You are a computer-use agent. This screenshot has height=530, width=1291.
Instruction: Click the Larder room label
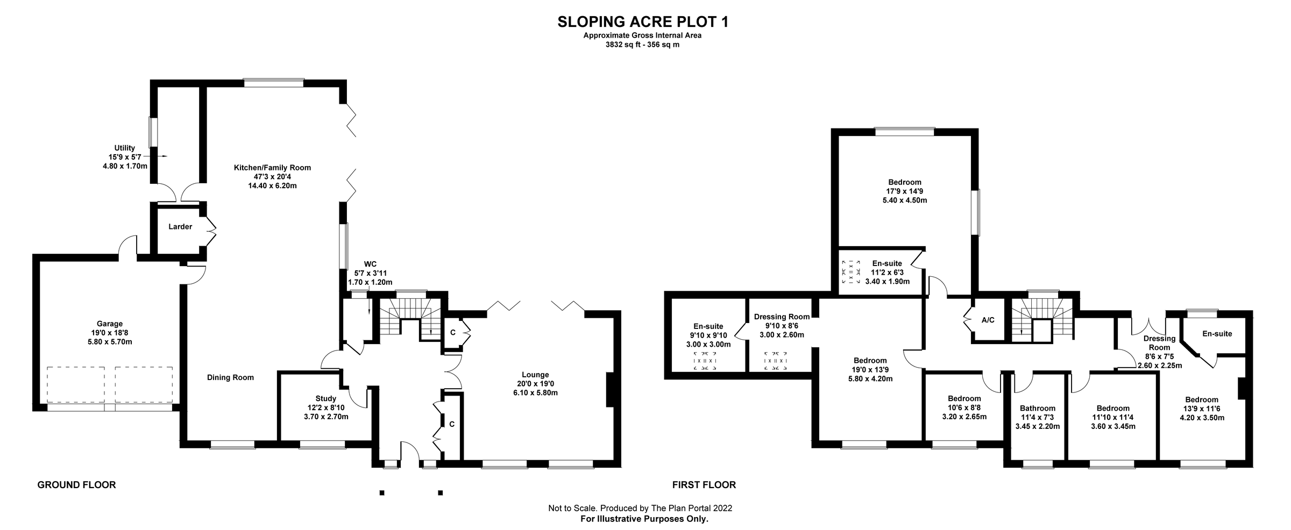(x=180, y=227)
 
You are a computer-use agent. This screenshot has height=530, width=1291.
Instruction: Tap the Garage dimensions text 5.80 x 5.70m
(x=110, y=342)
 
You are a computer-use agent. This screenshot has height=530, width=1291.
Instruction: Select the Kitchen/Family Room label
(x=272, y=168)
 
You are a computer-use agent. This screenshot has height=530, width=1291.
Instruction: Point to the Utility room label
(x=125, y=148)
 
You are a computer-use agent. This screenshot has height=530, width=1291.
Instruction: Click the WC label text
(x=370, y=264)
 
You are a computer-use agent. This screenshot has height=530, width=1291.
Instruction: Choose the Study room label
(x=325, y=398)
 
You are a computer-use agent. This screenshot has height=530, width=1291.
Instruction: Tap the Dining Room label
(x=230, y=378)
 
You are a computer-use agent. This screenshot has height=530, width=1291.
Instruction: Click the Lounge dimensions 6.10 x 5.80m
(x=535, y=393)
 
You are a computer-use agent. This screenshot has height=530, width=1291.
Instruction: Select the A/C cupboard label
(x=988, y=320)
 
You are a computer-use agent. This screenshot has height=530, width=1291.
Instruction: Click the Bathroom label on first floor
(x=1038, y=409)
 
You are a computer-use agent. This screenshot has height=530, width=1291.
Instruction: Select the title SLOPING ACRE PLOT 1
(x=643, y=22)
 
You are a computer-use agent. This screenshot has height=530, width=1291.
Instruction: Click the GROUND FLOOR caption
(x=76, y=485)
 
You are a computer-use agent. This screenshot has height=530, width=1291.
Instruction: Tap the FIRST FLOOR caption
(x=704, y=485)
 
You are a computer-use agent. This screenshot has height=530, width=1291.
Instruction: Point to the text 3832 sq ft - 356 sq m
(x=642, y=45)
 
